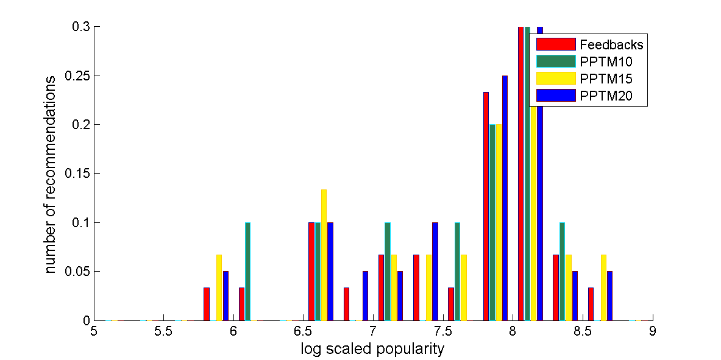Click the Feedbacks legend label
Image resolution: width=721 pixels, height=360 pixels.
click(611, 44)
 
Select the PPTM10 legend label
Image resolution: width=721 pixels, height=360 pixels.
click(606, 61)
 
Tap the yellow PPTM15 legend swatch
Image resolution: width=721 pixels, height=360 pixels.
click(556, 78)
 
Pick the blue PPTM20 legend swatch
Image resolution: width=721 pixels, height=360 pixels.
click(556, 95)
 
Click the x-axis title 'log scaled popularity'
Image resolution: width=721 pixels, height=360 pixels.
click(372, 349)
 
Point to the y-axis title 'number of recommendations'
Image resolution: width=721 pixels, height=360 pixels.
click(51, 174)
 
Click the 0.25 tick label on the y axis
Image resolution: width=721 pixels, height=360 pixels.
click(77, 76)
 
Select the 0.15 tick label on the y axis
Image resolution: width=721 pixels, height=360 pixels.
click(77, 174)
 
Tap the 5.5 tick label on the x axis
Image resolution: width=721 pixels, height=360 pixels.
click(163, 333)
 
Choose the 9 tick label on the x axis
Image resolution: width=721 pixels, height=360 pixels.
click(653, 333)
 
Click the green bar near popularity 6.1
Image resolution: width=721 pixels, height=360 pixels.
click(247, 271)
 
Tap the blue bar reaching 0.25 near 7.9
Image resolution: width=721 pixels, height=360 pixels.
click(505, 198)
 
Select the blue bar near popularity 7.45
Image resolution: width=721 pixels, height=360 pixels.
click(435, 271)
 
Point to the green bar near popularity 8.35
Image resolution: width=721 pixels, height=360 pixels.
click(562, 271)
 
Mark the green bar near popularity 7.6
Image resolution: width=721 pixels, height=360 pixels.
click(457, 271)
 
